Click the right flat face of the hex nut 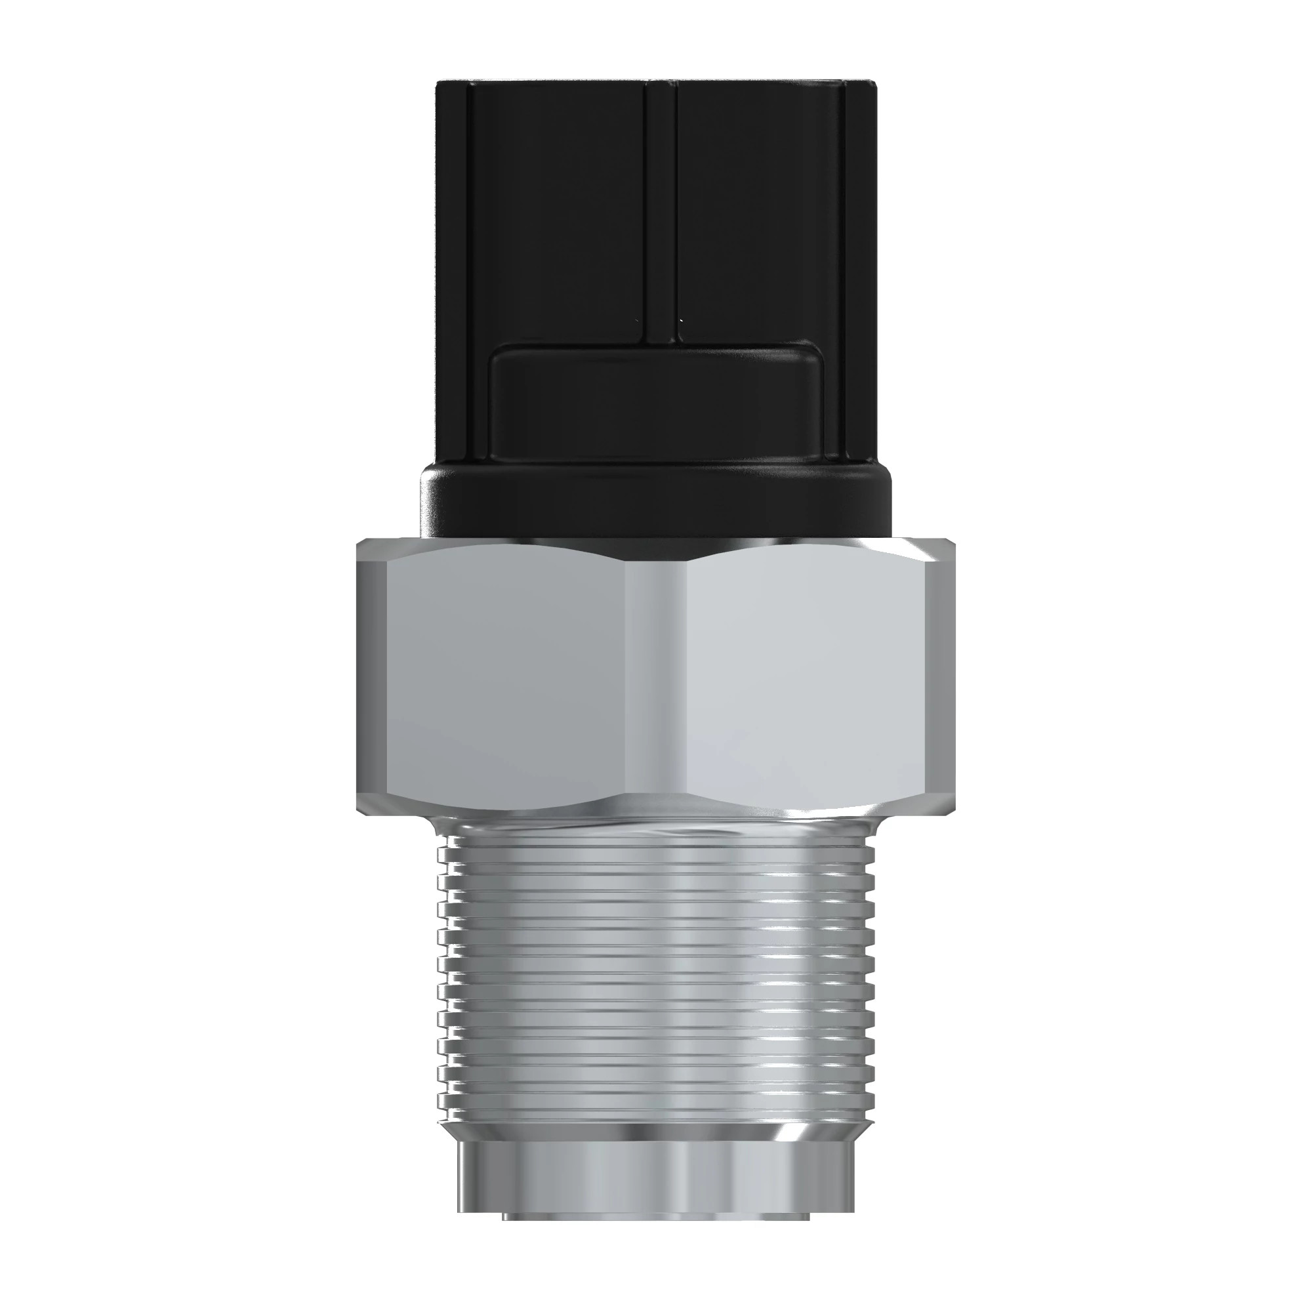tap(808, 679)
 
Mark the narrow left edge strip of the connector tap(451, 272)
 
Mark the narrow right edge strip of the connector tap(861, 272)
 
